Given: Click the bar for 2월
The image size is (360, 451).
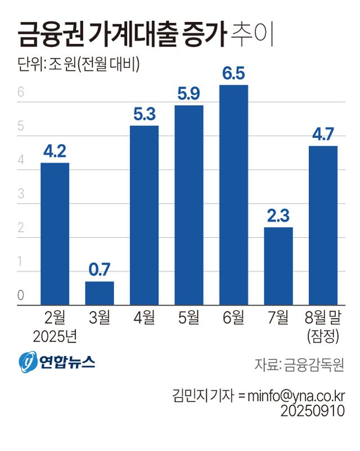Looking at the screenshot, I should tap(55, 234).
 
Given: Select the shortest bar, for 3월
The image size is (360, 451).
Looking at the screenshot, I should tap(100, 293).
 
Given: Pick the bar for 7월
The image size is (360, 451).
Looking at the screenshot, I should tap(278, 266).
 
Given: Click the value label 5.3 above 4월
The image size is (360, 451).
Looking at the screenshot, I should tap(145, 114).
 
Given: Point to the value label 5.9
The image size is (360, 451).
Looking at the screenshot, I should tap(188, 94).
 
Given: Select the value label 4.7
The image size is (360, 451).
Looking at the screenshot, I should tap(323, 134).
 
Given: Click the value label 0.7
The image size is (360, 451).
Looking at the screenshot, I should tap(100, 270).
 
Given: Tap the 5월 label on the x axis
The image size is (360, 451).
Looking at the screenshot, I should tap(188, 318).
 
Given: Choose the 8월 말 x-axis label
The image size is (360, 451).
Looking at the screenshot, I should tap(323, 318).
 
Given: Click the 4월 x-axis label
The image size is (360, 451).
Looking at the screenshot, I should tap(145, 318).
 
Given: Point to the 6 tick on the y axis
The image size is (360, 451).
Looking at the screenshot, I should tap(21, 93).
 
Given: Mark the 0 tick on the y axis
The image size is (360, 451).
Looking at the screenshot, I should tap(21, 295).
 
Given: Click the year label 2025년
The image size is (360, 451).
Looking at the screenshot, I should tap(55, 337).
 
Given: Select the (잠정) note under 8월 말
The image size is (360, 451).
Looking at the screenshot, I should tap(323, 337).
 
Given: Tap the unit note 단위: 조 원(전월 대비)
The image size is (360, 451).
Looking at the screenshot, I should tap(78, 64).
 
